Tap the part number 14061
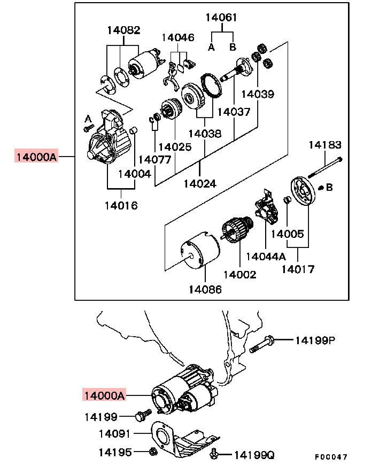click(x=221, y=18)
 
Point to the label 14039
click(x=257, y=94)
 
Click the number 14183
click(x=325, y=145)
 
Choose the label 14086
click(x=205, y=289)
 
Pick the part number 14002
click(x=239, y=275)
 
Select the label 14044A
click(x=266, y=257)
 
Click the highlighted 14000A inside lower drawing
click(x=104, y=396)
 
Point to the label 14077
click(x=154, y=159)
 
